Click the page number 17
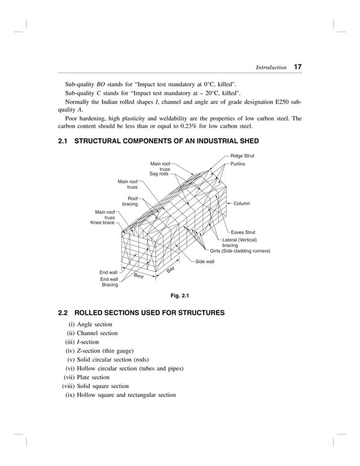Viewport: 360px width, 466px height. [x=297, y=67]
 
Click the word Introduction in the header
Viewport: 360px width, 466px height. [x=271, y=68]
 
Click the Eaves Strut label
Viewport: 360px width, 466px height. [x=243, y=232]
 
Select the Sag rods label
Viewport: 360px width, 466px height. [x=159, y=174]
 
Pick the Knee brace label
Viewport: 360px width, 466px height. [x=103, y=223]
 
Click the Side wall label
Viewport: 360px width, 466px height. [x=205, y=262]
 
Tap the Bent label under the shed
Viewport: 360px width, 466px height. [x=139, y=276]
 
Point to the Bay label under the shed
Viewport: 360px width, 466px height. [x=170, y=271]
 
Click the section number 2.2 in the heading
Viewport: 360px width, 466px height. [x=63, y=313]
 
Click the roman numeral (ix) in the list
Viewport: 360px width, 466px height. [x=71, y=395]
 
